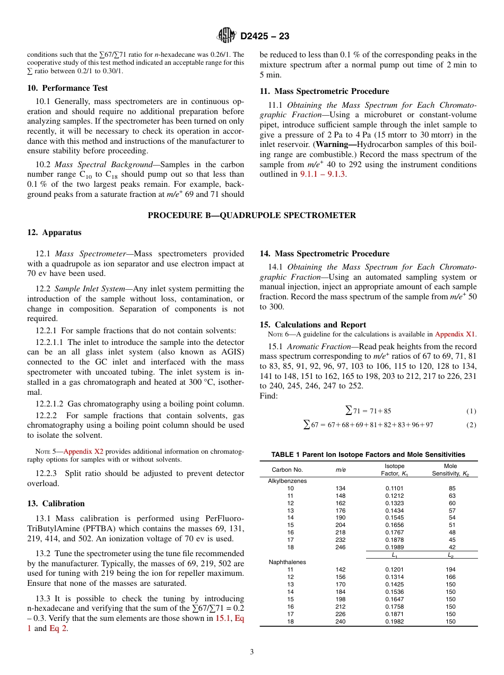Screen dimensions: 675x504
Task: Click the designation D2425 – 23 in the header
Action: tap(265, 37)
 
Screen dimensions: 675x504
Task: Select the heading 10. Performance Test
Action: tap(67, 88)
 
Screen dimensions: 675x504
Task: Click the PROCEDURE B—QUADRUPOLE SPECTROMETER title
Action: tap(251, 215)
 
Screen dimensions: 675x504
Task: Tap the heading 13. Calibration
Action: tap(56, 504)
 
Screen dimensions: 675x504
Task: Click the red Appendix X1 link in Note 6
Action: tap(455, 334)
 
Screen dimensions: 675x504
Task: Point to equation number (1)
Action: tap(471, 411)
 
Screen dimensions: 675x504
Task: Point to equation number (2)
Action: tap(471, 425)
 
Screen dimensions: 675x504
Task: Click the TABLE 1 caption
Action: tap(368, 455)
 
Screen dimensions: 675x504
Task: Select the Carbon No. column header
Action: tap(287, 470)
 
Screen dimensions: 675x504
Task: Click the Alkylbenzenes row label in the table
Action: tap(287, 481)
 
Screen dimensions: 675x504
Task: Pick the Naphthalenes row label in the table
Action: tap(287, 562)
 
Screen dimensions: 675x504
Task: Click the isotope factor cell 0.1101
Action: tap(394, 488)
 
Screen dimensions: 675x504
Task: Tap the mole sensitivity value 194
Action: tap(450, 569)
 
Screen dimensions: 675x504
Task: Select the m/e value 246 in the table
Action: tap(340, 548)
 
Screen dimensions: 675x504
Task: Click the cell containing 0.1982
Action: tap(394, 621)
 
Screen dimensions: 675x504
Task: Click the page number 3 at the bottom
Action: tap(252, 652)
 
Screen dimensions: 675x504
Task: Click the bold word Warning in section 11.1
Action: tap(335, 145)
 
